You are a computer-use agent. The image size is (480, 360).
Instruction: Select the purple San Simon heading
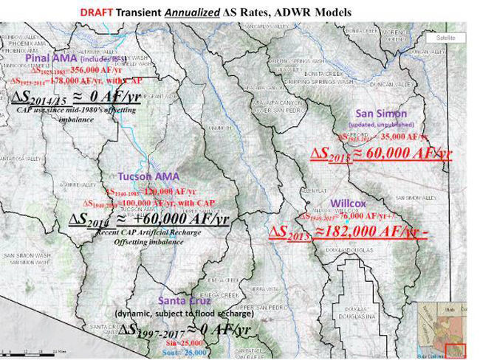[382, 114]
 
